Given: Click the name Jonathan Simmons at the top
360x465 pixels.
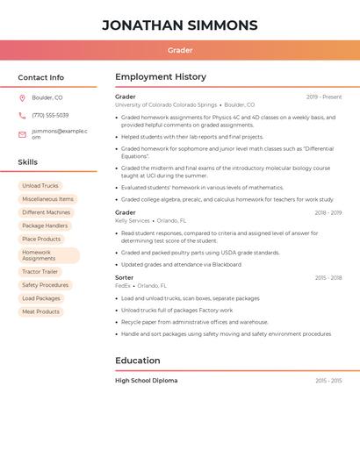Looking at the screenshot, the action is [x=180, y=25].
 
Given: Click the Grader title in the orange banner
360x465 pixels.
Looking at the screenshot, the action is [x=180, y=50].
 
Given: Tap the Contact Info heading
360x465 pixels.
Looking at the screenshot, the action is [x=41, y=77].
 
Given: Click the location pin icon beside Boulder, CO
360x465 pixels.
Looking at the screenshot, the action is [x=22, y=97].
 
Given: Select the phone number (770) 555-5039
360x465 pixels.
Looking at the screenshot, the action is [x=50, y=115].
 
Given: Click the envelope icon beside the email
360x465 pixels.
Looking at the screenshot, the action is [x=22, y=134].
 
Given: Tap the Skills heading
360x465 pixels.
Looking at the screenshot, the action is [x=28, y=162].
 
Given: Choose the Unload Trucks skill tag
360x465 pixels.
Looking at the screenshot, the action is [x=40, y=186].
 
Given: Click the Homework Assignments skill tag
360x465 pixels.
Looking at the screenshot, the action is [x=48, y=255].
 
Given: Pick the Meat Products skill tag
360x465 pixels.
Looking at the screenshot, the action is [x=40, y=311].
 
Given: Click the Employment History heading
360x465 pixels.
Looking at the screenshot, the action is [x=161, y=77].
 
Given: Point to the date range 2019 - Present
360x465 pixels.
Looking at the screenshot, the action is [x=324, y=97].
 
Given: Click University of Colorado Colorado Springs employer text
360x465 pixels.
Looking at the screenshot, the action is [x=166, y=104].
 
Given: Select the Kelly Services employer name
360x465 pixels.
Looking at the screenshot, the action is [x=133, y=220].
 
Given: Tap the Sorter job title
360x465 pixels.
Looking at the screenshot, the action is [x=125, y=277].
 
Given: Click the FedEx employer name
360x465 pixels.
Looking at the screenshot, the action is [x=123, y=285].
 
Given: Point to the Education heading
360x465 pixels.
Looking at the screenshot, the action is [x=138, y=361].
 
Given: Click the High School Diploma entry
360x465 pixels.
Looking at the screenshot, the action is [x=147, y=381].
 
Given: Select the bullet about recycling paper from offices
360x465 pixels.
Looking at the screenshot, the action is [x=195, y=322].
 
